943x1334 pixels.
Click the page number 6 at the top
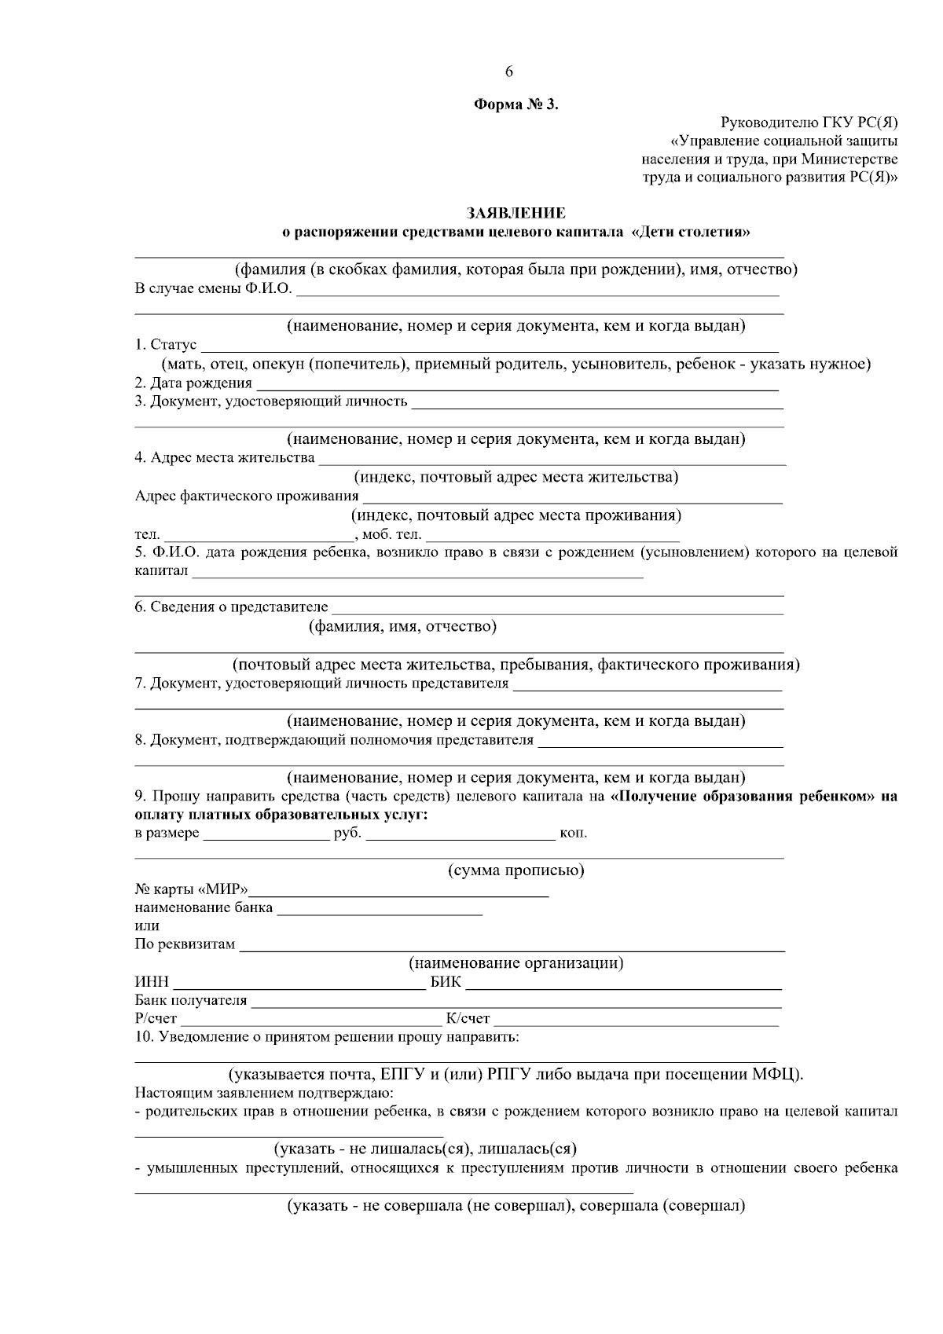click(x=508, y=72)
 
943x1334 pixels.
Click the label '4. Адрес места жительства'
click(x=225, y=458)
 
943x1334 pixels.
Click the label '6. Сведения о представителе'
click(x=231, y=607)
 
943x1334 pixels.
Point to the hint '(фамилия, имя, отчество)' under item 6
click(x=402, y=627)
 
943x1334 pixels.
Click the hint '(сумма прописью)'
click(x=516, y=870)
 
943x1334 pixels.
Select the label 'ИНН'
click(x=152, y=983)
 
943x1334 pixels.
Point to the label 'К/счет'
click(x=468, y=1019)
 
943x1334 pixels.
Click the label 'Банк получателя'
click(x=191, y=1001)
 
